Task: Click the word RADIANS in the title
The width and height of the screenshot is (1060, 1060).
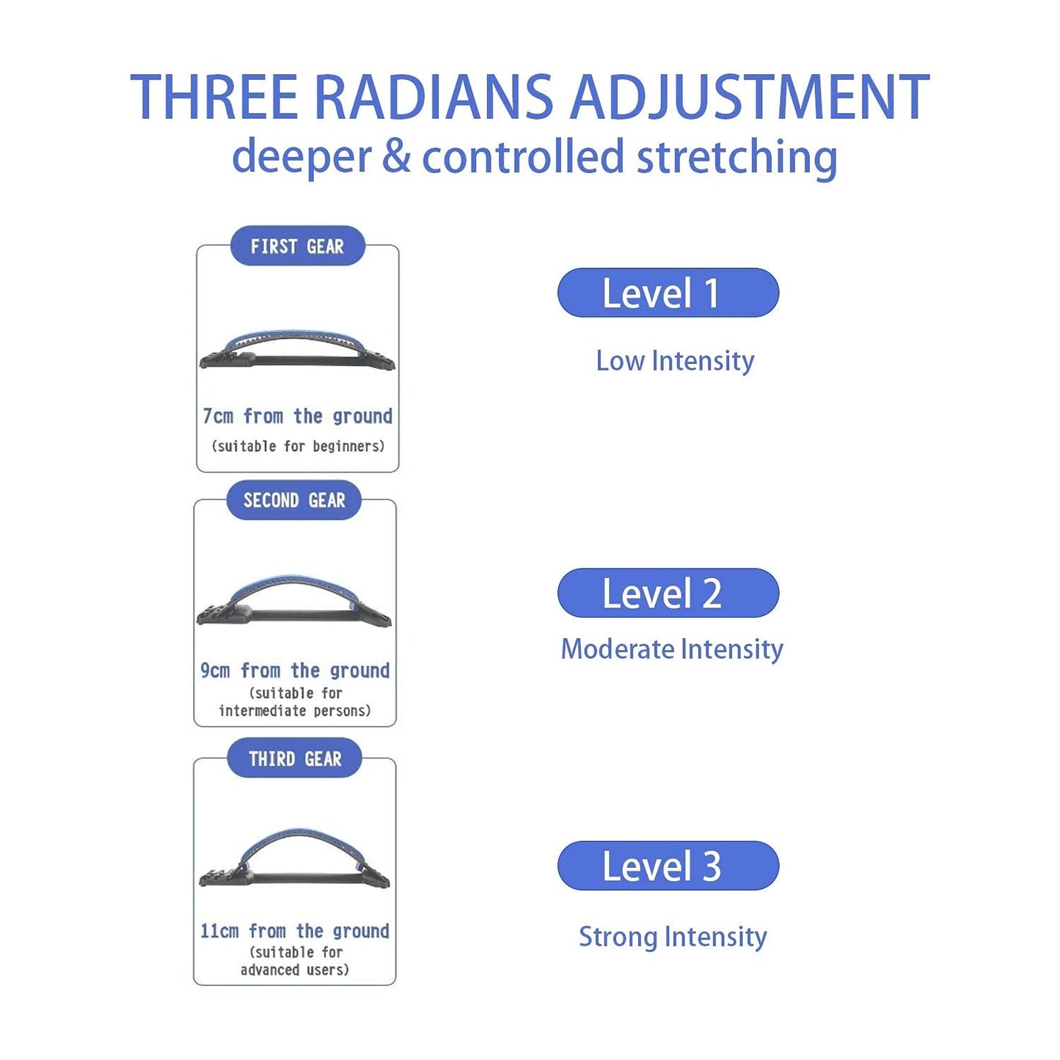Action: tap(434, 98)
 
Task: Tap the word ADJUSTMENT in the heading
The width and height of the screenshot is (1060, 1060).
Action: tap(750, 98)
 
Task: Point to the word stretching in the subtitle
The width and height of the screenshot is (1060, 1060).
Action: tap(736, 157)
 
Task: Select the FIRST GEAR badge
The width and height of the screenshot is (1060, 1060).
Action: tap(297, 246)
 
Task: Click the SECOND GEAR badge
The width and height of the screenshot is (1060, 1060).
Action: tap(294, 500)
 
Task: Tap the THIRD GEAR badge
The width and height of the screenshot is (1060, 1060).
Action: tap(295, 759)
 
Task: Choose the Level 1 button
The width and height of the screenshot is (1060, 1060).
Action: tap(668, 293)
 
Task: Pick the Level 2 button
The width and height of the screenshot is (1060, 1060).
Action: tap(668, 593)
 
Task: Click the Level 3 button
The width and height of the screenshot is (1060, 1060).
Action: tap(668, 866)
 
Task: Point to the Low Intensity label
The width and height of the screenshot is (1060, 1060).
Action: tap(675, 362)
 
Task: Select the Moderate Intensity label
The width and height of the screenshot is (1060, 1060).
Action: tap(672, 650)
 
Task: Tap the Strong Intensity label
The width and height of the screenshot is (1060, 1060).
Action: tap(673, 937)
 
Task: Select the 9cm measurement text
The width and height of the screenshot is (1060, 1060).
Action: tap(295, 670)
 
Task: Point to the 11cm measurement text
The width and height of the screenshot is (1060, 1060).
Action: tap(295, 931)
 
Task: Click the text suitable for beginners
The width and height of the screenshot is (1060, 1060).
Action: tap(298, 445)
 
